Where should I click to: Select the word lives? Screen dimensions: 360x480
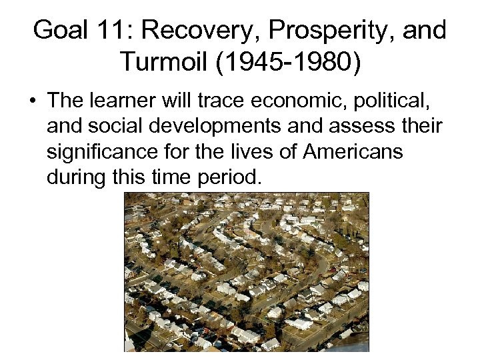[243, 151]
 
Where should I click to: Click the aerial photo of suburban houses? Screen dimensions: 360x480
[247, 272]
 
